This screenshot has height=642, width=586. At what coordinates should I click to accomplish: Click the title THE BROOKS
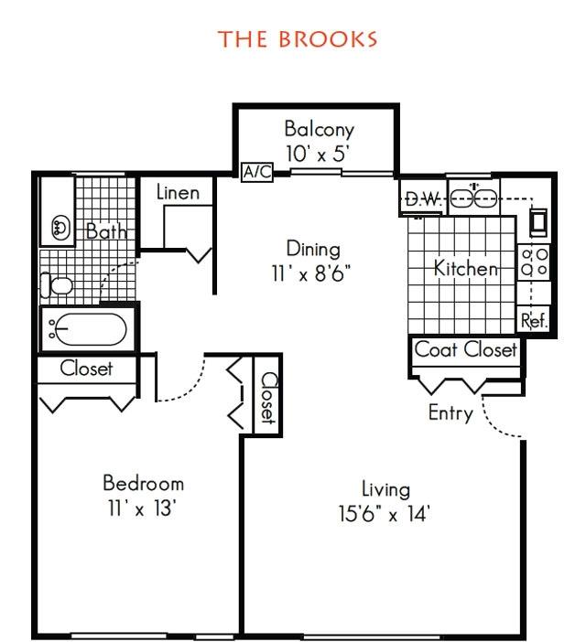298,39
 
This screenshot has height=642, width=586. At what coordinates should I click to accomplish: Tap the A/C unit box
257,172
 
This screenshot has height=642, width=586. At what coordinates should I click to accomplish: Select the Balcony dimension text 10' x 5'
317,155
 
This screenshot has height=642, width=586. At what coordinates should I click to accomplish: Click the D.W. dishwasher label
423,199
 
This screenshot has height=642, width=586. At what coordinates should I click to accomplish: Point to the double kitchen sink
473,198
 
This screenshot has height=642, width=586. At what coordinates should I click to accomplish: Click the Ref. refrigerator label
534,320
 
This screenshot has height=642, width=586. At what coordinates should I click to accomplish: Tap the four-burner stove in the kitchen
534,262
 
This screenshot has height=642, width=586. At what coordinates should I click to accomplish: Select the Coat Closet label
466,350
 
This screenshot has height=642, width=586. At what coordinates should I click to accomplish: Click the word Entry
450,412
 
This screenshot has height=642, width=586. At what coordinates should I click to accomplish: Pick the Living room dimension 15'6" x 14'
384,514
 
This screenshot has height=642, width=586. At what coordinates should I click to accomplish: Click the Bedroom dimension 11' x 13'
142,508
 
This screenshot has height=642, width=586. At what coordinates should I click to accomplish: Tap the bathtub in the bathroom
91,329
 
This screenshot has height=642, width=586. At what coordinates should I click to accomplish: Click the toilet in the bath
57,285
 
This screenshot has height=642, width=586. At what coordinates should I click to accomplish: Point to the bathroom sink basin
61,228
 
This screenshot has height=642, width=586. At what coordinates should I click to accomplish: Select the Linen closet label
179,192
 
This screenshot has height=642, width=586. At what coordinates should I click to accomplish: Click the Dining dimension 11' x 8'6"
312,273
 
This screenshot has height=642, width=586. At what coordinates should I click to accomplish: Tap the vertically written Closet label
268,398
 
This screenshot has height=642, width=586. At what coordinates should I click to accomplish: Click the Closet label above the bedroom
86,369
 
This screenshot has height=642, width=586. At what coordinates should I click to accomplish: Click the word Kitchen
466,269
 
